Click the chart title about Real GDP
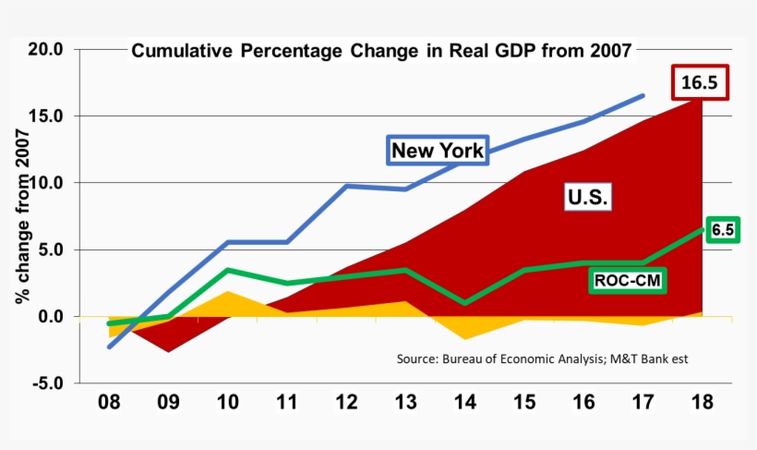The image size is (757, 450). [381, 51]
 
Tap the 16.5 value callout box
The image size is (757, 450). [699, 83]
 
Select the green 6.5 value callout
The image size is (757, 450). [723, 230]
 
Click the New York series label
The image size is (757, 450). [437, 151]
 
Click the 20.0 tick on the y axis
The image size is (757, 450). [43, 50]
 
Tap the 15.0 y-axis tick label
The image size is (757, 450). [43, 116]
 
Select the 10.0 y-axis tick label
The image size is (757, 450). [43, 183]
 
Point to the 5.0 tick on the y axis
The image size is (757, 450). [48, 249]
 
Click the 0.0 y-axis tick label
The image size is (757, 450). [48, 316]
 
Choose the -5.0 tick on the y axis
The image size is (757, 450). [45, 383]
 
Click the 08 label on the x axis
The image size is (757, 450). [110, 403]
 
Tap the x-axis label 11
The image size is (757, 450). [287, 403]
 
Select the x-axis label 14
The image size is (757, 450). [465, 403]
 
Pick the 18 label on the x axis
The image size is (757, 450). [702, 403]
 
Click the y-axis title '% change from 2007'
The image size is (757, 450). [21, 217]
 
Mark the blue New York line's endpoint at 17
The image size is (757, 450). [643, 95]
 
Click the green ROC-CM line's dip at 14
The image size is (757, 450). [465, 303]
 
